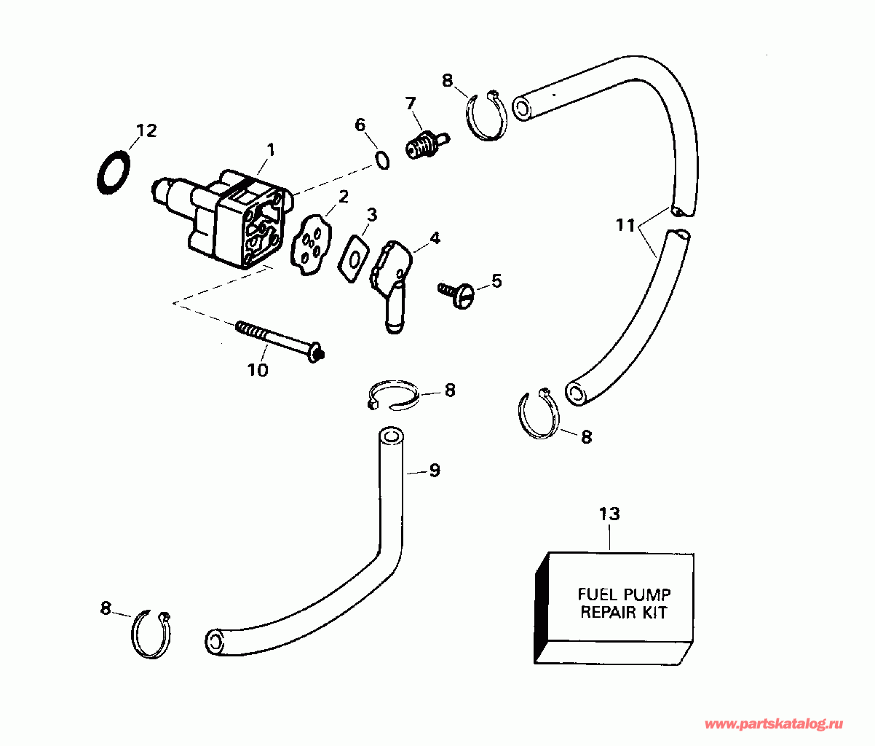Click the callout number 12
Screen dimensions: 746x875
[x=146, y=131]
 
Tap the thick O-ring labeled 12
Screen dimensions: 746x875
[x=114, y=173]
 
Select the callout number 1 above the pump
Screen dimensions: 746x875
[x=270, y=150]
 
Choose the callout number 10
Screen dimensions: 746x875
[x=258, y=370]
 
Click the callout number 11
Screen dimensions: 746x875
[x=625, y=225]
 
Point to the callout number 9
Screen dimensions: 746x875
[x=435, y=471]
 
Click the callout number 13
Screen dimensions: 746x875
[x=609, y=514]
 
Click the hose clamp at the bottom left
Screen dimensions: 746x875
[x=151, y=634]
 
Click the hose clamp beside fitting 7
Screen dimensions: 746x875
[x=486, y=114]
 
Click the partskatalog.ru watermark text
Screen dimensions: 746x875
[x=774, y=724]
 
